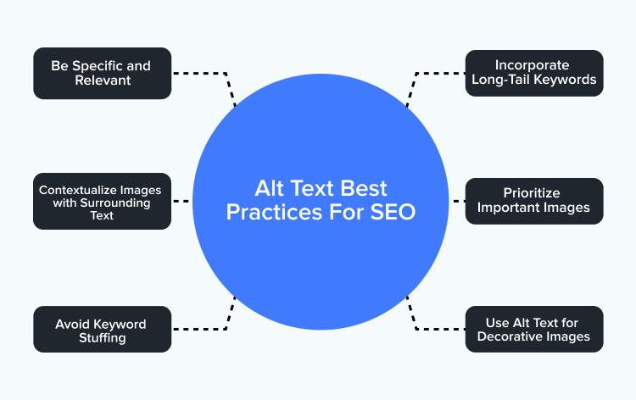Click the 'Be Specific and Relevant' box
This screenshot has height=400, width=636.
pos(103,74)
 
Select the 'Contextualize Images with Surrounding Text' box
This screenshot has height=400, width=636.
pos(103,202)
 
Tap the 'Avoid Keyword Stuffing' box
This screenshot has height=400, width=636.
pos(103,329)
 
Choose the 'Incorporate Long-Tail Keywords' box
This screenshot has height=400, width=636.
pos(534,74)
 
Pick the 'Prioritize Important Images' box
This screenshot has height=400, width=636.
pos(534,201)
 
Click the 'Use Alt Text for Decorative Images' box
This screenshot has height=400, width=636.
pos(534,329)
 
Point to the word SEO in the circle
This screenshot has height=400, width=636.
pos(393,212)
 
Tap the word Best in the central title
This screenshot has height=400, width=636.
pos(364,188)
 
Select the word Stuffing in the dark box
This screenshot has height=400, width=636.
pos(103,338)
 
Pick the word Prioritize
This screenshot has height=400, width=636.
pos(532,193)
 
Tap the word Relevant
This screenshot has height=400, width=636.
pos(103,81)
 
